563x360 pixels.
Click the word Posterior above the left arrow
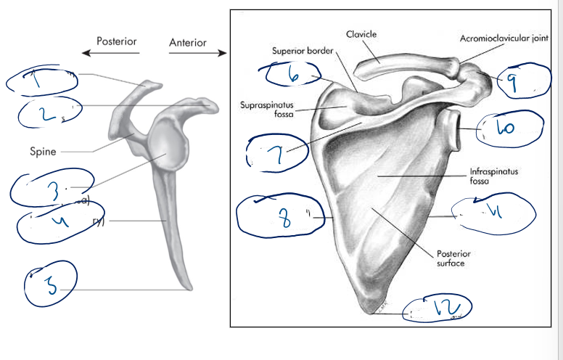(117, 41)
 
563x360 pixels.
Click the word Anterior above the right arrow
(187, 42)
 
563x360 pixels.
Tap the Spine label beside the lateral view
(43, 152)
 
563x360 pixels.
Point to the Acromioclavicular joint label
(504, 38)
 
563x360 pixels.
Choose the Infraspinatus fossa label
(489, 176)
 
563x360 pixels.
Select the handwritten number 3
(51, 189)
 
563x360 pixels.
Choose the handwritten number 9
(512, 85)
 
